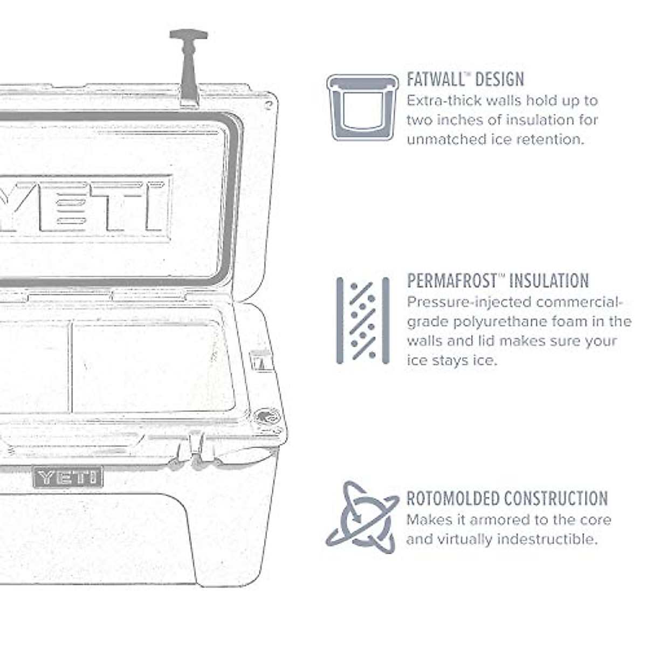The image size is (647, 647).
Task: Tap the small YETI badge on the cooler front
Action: pyautogui.click(x=68, y=477)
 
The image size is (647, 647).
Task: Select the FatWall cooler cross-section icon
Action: pyautogui.click(x=362, y=107)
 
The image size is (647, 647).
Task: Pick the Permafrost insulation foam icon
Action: pyautogui.click(x=363, y=320)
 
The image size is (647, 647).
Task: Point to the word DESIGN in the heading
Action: pyautogui.click(x=499, y=80)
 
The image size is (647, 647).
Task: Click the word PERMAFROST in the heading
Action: pyautogui.click(x=451, y=281)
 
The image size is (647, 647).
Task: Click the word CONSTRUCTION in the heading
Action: pyautogui.click(x=559, y=498)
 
